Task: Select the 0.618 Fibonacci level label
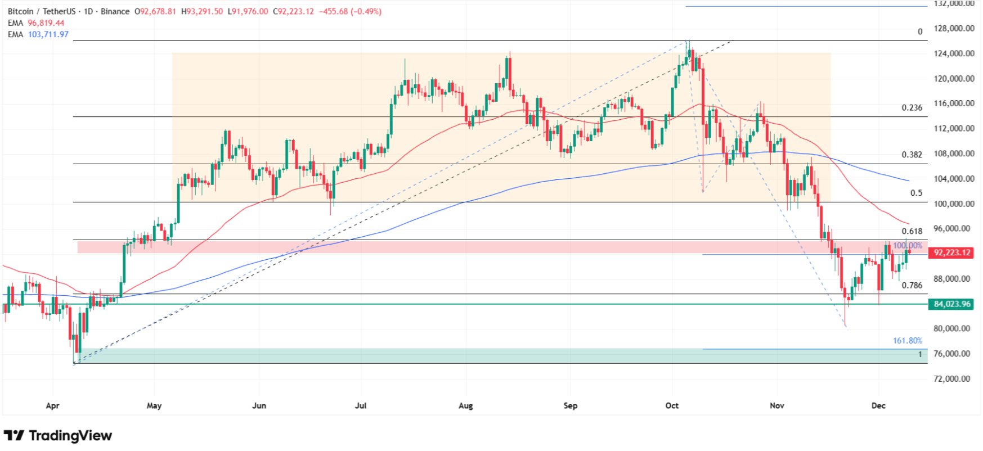tap(912, 231)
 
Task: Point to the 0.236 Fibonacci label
tap(912, 108)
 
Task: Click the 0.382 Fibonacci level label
tap(912, 155)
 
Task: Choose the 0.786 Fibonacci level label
tap(912, 285)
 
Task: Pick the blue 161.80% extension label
tap(908, 341)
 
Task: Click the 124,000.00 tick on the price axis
tap(954, 54)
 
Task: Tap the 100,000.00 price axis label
tap(954, 204)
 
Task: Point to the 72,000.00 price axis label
tap(954, 379)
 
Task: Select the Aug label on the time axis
tap(466, 405)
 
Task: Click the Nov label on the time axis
tap(777, 405)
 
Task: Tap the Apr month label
tap(52, 405)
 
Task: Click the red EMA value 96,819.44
tap(46, 23)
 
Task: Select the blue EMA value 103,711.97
tap(48, 34)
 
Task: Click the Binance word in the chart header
tap(115, 11)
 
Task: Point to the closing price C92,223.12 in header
tap(293, 11)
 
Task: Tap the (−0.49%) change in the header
tap(366, 11)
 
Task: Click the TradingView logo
tap(58, 436)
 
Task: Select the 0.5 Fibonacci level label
tap(917, 193)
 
